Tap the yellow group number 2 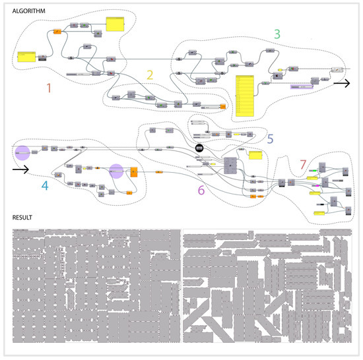[x=150, y=75]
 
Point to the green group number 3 [x=277, y=33]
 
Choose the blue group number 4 [x=44, y=185]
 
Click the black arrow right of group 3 [x=342, y=84]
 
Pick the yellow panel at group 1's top [x=115, y=25]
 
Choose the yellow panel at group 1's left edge [x=28, y=57]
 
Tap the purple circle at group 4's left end [x=22, y=153]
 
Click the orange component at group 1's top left [x=57, y=30]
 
